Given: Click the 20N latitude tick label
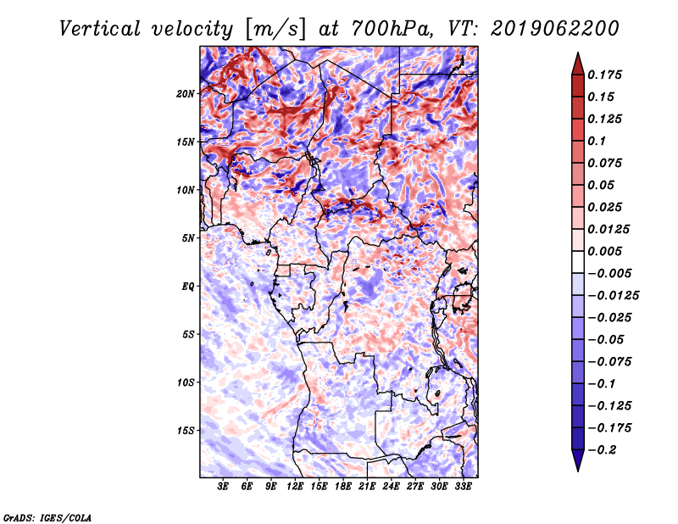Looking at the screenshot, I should (186, 93).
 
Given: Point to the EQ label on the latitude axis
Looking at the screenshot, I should (187, 287).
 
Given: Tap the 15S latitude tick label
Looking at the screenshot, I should (186, 431).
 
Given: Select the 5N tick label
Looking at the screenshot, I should (188, 238).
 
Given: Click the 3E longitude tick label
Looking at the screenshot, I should (224, 488).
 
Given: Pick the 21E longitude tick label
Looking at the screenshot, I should (367, 488).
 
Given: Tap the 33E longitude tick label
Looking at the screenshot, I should (463, 488).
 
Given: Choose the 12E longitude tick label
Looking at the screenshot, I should (295, 488).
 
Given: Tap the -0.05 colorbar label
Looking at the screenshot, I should (609, 339).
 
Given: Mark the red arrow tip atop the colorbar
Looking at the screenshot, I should (576, 58).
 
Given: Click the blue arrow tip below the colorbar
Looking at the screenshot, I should (576, 465).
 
